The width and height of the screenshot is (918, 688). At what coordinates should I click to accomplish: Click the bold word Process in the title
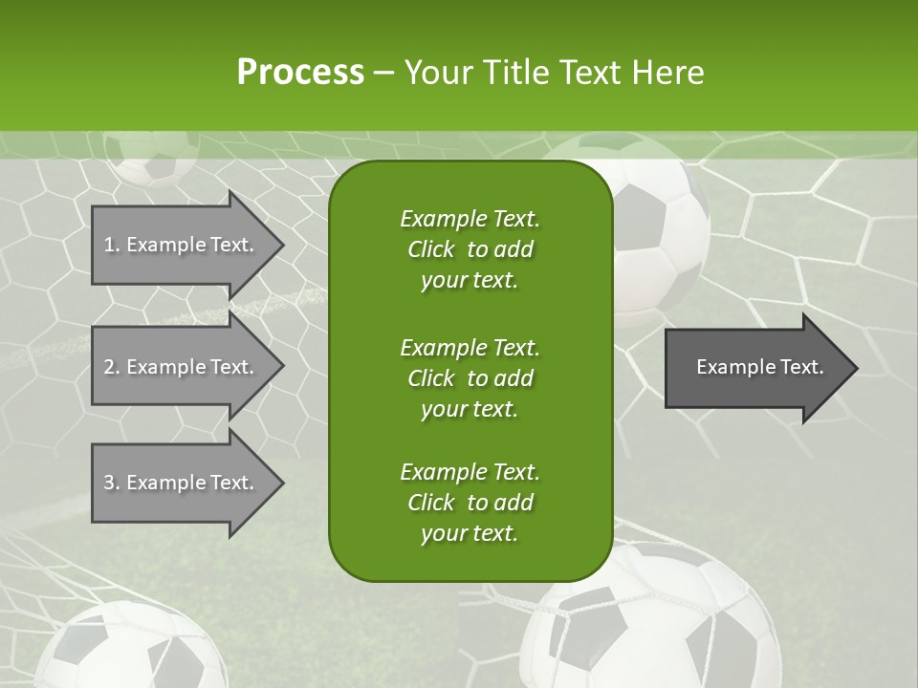pyautogui.click(x=300, y=73)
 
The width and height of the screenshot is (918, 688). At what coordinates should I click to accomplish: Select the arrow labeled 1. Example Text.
pyautogui.click(x=182, y=245)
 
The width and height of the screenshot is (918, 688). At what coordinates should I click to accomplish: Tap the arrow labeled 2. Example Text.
pyautogui.click(x=182, y=367)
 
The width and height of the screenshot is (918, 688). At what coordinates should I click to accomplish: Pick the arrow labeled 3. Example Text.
pyautogui.click(x=182, y=483)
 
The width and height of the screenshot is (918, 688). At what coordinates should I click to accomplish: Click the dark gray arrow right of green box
pyautogui.click(x=755, y=367)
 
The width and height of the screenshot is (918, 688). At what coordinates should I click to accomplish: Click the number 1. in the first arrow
pyautogui.click(x=112, y=245)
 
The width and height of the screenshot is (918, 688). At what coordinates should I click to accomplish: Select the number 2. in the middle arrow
pyautogui.click(x=112, y=367)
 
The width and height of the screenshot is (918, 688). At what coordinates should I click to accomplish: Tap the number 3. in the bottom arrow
pyautogui.click(x=112, y=483)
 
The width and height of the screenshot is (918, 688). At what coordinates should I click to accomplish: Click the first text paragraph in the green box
pyautogui.click(x=470, y=249)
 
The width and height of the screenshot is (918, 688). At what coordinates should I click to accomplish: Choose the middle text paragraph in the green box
pyautogui.click(x=470, y=377)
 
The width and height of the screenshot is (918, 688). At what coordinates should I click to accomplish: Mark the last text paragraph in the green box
pyautogui.click(x=470, y=503)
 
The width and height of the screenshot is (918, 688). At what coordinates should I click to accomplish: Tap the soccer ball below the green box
pyautogui.click(x=650, y=621)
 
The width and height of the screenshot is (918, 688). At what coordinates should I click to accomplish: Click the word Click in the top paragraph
pyautogui.click(x=431, y=249)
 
